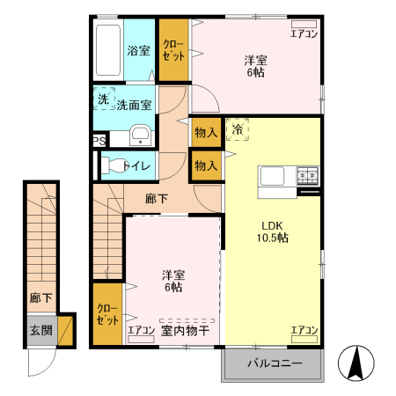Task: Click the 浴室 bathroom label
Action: (138, 50)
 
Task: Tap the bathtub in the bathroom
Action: (108, 49)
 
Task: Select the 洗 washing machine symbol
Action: (103, 100)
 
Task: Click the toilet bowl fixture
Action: (114, 165)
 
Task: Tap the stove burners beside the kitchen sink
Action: (308, 175)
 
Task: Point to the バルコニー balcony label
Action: (274, 363)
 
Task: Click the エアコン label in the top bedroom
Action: (304, 34)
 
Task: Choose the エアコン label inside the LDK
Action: (304, 330)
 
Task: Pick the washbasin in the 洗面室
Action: (140, 135)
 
